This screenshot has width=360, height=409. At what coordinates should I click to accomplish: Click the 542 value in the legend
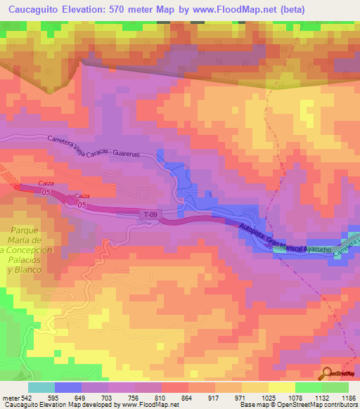[25, 397]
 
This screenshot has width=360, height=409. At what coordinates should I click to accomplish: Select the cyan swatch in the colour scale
[41, 387]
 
